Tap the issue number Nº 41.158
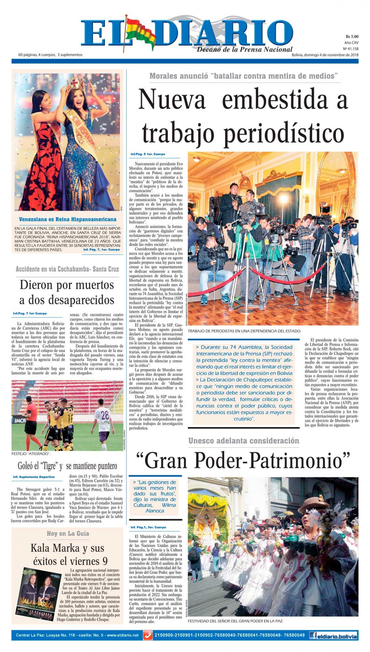click(x=351, y=49)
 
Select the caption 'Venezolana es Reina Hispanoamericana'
click(x=68, y=219)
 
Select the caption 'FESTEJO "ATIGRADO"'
click(x=31, y=454)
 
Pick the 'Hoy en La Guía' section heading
click(x=68, y=533)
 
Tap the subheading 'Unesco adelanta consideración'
click(x=244, y=441)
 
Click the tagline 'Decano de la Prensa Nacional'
click(x=245, y=49)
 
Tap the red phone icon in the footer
click(x=148, y=636)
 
